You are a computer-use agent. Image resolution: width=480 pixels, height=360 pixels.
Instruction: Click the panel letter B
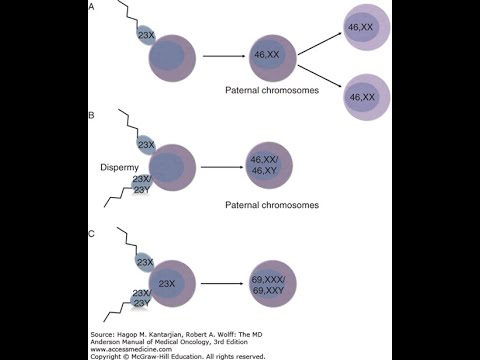click(x=92, y=116)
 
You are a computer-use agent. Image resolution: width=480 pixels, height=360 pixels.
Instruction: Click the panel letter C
click(x=92, y=233)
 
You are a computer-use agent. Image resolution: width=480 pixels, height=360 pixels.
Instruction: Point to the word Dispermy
click(x=121, y=167)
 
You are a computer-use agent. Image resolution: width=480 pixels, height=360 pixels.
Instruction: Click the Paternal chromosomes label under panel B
click(x=272, y=205)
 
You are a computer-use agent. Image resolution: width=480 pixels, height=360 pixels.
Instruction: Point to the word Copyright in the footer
click(x=109, y=355)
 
